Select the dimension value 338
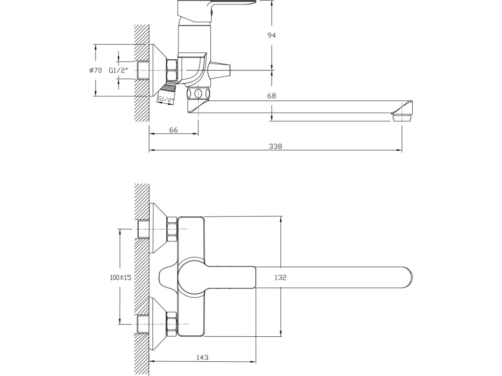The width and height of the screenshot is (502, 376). click(276, 146)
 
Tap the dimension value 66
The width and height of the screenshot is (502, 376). click(173, 130)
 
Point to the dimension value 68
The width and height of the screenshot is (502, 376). click(272, 96)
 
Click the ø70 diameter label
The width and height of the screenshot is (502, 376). click(96, 70)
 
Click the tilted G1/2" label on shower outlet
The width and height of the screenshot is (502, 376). click(166, 99)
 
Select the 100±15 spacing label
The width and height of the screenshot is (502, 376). click(121, 277)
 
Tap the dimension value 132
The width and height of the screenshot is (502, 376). click(280, 277)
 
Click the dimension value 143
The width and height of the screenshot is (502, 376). click(202, 357)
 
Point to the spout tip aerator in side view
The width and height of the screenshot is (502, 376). click(403, 117)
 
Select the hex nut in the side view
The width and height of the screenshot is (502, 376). click(173, 70)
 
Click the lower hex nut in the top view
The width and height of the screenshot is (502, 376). click(172, 324)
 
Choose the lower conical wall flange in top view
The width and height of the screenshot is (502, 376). click(158, 324)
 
